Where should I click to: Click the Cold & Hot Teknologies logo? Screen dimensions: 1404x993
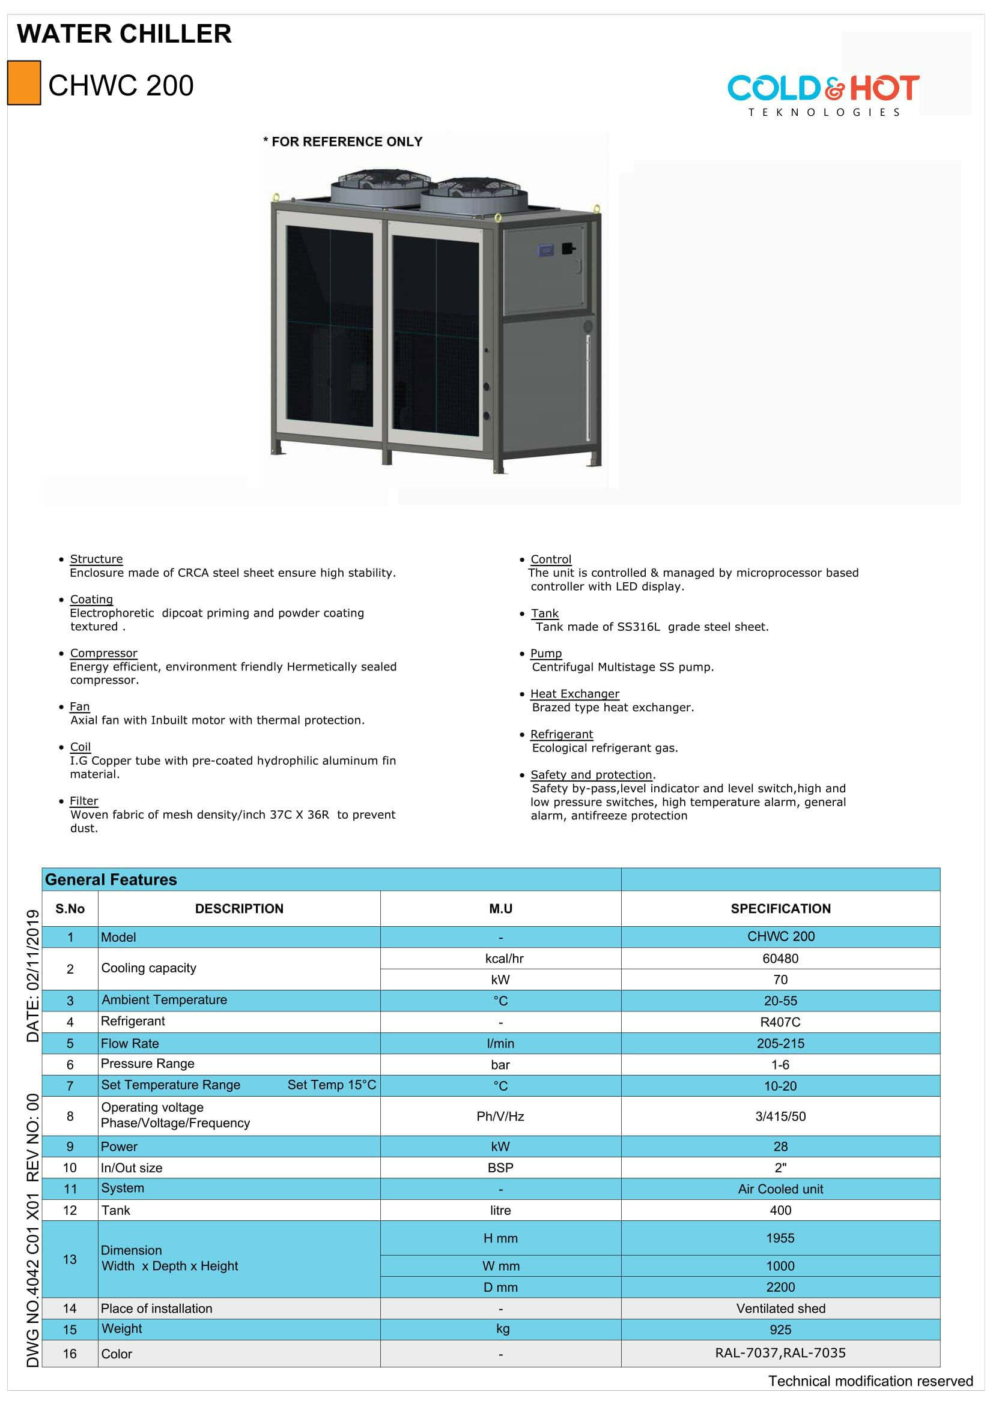[x=823, y=93]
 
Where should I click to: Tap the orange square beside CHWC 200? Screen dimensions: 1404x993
[x=24, y=83]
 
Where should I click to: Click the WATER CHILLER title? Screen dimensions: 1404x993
[x=124, y=34]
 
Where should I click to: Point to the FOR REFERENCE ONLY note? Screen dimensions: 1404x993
[x=343, y=142]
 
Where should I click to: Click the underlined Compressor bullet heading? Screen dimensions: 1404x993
[x=103, y=653]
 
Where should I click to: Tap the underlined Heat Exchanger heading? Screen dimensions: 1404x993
[x=574, y=693]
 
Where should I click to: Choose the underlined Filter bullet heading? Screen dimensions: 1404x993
[x=84, y=801]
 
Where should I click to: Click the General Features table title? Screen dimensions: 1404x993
[x=111, y=879]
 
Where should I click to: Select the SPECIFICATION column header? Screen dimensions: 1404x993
[x=780, y=909]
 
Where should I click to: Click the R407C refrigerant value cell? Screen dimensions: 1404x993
[x=780, y=1022]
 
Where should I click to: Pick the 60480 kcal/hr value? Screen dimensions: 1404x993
[x=780, y=958]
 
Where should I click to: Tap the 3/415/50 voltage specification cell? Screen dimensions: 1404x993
[x=780, y=1116]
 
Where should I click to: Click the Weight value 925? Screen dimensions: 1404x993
[x=780, y=1330]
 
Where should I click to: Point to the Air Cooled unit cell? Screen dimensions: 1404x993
[x=780, y=1189]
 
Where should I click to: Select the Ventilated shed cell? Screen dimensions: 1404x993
[x=780, y=1308]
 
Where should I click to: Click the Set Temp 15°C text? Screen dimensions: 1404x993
[x=332, y=1085]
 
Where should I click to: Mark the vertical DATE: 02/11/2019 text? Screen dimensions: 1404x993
[x=33, y=976]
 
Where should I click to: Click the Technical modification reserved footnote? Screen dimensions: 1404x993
[x=870, y=1381]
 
